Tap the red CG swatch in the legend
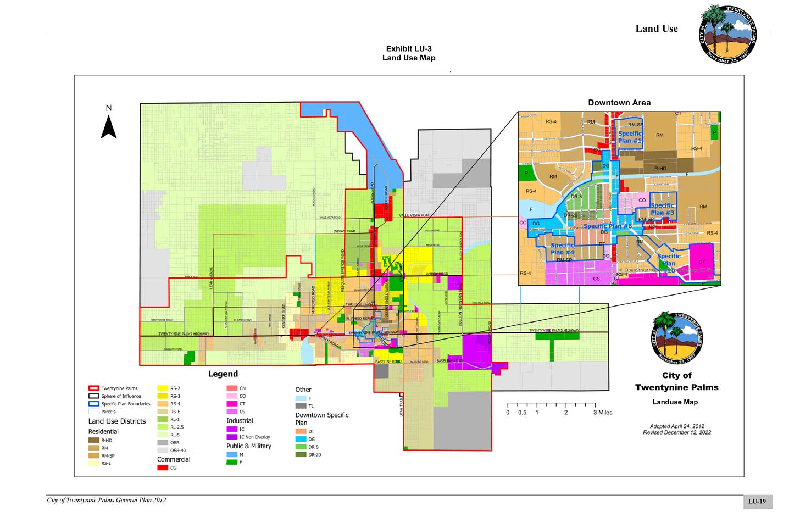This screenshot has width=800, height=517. coord(163,468)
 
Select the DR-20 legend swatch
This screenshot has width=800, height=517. coord(301,454)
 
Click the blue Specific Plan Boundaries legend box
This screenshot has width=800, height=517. coord(93,404)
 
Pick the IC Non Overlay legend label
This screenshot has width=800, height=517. coord(254,437)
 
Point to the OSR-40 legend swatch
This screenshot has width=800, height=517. coord(163,450)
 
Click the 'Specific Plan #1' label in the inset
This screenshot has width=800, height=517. coord(630,137)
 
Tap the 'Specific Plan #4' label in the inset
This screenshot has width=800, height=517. coord(562,249)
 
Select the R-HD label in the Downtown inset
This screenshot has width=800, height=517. coord(660,169)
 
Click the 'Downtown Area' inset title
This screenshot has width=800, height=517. coord(619,103)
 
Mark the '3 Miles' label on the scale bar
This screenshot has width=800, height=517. coord(603,413)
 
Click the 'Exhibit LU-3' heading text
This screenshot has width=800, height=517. coord(409,49)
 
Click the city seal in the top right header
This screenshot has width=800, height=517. coord(727,34)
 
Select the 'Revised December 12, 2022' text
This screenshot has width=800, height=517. coord(677,432)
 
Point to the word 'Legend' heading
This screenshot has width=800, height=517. coord(223,374)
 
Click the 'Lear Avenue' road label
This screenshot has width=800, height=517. coord(211,278)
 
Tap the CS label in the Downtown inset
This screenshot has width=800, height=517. coord(596,279)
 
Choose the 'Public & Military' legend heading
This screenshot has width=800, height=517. coord(249,446)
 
